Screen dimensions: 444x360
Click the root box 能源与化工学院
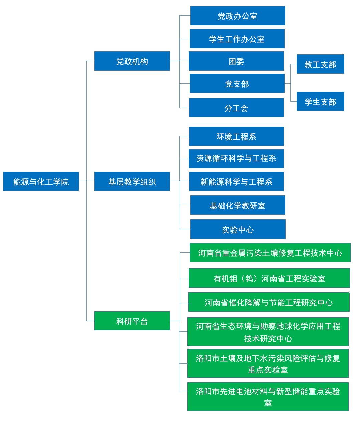pos(41,181)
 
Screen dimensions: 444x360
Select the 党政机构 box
pos(132,61)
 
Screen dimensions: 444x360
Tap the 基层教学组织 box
pos(132,181)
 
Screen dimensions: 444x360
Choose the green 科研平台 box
pos(132,321)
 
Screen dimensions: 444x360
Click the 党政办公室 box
pos(237,16)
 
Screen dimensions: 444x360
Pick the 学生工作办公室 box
pos(237,39)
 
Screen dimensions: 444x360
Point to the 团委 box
pos(236,61)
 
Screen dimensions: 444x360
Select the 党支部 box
pos(237,83)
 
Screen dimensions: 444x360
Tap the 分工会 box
pos(236,108)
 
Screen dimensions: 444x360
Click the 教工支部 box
pos(320,64)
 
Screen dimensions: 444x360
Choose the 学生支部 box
pos(320,101)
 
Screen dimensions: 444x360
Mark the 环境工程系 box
pos(236,136)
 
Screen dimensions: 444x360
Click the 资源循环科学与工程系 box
pos(236,159)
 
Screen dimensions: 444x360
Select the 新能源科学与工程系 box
pos(236,181)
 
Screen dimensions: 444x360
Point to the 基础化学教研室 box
pos(238,205)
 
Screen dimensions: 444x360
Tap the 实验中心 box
pos(238,229)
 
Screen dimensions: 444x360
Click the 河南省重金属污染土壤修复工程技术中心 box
pos(270,253)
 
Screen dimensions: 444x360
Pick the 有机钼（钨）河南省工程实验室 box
pos(269,278)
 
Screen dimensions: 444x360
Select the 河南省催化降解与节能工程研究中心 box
pos(269,302)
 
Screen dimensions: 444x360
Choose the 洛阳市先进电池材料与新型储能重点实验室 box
pos(268,397)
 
